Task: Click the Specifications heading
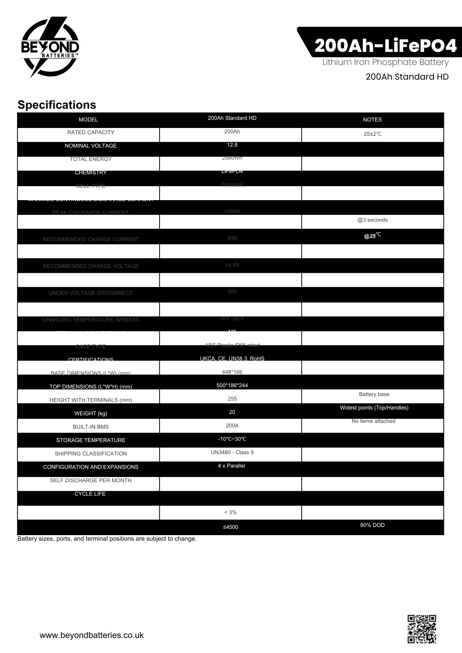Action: point(57,105)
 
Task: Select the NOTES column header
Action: point(372,119)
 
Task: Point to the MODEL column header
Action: point(88,119)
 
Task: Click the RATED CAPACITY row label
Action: point(91,132)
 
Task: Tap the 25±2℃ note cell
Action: point(372,134)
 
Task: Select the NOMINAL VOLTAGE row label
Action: point(91,146)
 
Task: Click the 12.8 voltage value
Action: point(232,145)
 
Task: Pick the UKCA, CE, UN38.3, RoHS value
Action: point(232,358)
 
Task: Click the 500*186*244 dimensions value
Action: point(232,385)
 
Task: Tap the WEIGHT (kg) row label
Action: point(91,413)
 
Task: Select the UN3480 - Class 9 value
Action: point(232,452)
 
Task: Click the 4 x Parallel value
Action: point(231,466)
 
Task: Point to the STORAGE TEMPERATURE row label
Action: point(91,440)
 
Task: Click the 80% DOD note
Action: point(372,525)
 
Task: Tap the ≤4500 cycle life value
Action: point(230,527)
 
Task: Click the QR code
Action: point(421,629)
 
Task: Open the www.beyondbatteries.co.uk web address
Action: point(91,635)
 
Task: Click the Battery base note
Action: point(374,394)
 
